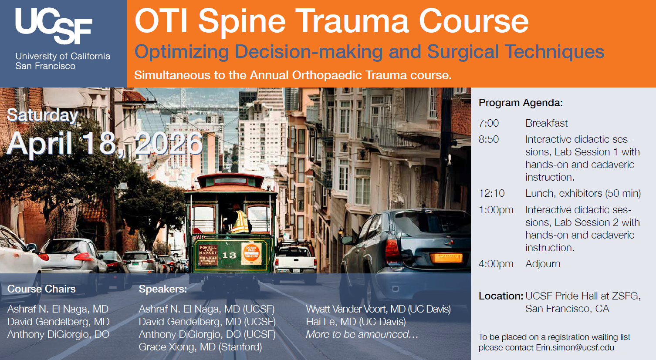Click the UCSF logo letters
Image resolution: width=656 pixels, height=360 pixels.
(x=54, y=26)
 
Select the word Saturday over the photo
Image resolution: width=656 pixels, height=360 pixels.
(x=43, y=115)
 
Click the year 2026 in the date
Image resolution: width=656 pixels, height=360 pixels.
(x=169, y=143)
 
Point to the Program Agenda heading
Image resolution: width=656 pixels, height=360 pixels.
(x=521, y=103)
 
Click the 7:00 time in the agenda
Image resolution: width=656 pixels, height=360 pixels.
(x=488, y=123)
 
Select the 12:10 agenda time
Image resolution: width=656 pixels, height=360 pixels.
(x=491, y=193)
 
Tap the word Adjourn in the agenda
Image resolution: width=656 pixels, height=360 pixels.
(x=543, y=264)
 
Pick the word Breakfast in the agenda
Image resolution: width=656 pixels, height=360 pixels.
(x=547, y=123)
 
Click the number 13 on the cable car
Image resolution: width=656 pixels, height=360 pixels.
(x=229, y=255)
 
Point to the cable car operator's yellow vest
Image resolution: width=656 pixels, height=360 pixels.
(x=240, y=222)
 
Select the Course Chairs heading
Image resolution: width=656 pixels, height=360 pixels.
(x=41, y=289)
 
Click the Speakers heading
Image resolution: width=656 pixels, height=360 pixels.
(x=163, y=289)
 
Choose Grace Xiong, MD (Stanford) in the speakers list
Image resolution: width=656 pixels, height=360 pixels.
(x=200, y=347)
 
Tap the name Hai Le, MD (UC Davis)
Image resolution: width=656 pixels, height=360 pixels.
(x=356, y=322)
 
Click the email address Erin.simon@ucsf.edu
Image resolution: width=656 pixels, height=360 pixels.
(x=575, y=347)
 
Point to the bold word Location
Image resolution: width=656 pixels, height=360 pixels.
(x=501, y=296)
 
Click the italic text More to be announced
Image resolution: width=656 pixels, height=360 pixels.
(x=362, y=334)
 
